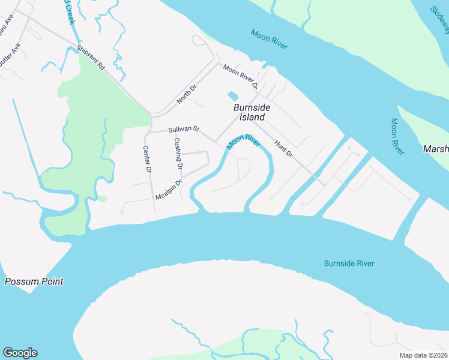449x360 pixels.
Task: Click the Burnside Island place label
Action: [x=252, y=112]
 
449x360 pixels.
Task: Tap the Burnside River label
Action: [x=349, y=263]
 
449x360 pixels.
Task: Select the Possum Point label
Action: [x=34, y=281]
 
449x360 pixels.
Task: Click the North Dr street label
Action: [x=187, y=94]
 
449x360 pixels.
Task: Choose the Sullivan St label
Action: [x=183, y=129]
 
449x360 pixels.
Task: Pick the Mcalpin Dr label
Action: [x=169, y=190]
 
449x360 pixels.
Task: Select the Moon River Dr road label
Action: [x=240, y=77]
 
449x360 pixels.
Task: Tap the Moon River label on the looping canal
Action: [x=243, y=143]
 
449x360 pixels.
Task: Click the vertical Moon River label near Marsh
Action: [x=397, y=136]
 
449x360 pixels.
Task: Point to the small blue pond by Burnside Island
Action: [x=232, y=96]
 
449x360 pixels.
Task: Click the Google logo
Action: [x=20, y=353]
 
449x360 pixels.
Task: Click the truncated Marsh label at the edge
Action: [x=436, y=149]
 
